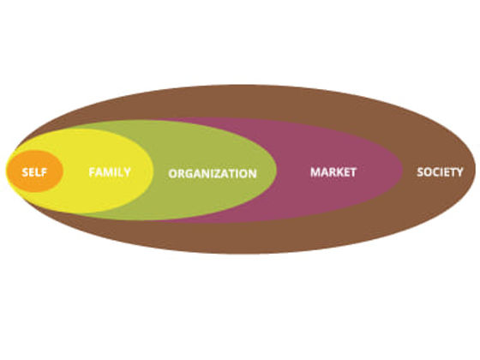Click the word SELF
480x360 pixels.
click(34, 172)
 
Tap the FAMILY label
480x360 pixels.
click(110, 172)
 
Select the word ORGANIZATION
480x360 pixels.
click(213, 173)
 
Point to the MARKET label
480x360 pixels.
click(333, 172)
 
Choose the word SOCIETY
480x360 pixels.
click(440, 172)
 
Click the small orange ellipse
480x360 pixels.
click(35, 171)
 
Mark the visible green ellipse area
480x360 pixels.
click(214, 144)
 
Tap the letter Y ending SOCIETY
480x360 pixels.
click(459, 172)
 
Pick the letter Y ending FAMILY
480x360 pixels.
click(127, 172)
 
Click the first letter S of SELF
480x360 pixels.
click(25, 172)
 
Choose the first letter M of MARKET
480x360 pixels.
click(315, 172)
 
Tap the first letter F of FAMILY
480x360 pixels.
click(92, 172)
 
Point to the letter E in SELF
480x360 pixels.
click(33, 172)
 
